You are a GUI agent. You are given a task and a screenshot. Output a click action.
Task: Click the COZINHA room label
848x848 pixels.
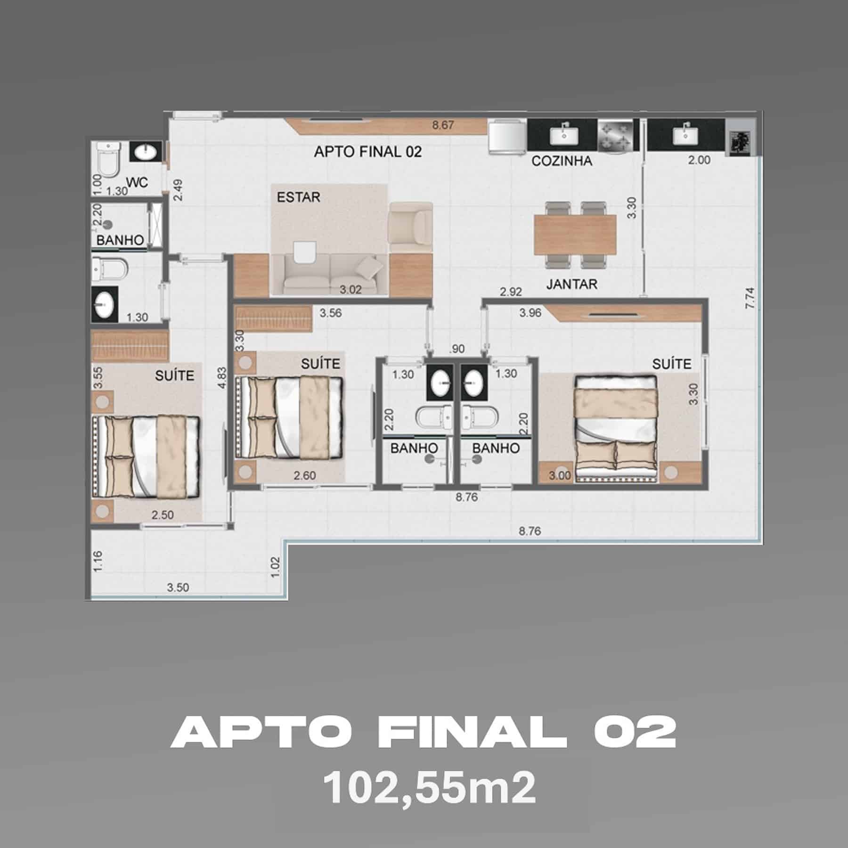[x=562, y=161]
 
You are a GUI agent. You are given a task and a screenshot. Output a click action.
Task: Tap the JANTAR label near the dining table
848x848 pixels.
[x=571, y=284]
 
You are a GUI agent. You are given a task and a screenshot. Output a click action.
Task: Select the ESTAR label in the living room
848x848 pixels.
[x=298, y=197]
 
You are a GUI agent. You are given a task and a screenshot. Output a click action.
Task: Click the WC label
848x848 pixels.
[x=137, y=182]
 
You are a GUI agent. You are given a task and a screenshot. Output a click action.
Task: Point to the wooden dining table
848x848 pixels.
[x=575, y=234]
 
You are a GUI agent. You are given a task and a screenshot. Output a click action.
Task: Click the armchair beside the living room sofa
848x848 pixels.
[x=410, y=228]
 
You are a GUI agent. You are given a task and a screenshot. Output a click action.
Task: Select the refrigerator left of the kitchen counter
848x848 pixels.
[x=507, y=136]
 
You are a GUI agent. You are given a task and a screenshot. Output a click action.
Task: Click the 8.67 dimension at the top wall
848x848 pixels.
[x=443, y=125]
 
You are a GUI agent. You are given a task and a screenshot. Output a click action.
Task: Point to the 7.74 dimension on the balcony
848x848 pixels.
[x=750, y=298]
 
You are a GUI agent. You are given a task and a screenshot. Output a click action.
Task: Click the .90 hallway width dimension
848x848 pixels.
[x=457, y=349]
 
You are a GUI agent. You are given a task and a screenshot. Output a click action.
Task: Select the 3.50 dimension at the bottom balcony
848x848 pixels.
[x=178, y=587]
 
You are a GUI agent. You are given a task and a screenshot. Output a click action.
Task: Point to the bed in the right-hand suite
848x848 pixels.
[x=615, y=426]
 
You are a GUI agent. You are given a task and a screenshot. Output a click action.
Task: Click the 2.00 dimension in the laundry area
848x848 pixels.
[x=699, y=160]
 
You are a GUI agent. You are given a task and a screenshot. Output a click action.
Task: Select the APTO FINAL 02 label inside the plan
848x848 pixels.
[x=368, y=152]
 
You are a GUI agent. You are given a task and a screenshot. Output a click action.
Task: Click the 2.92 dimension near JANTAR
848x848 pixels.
[x=511, y=292]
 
